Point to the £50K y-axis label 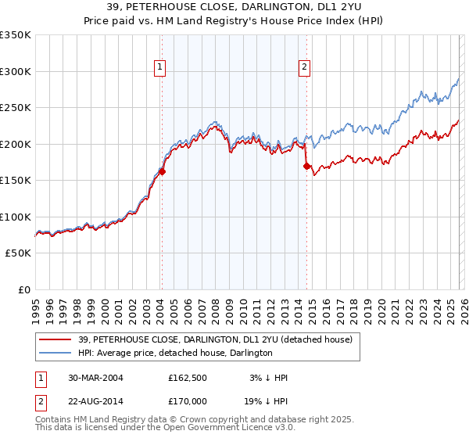(16, 253)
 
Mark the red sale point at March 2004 (163, 171)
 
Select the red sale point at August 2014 (306, 166)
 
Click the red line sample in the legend (56, 339)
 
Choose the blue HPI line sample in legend (56, 353)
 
